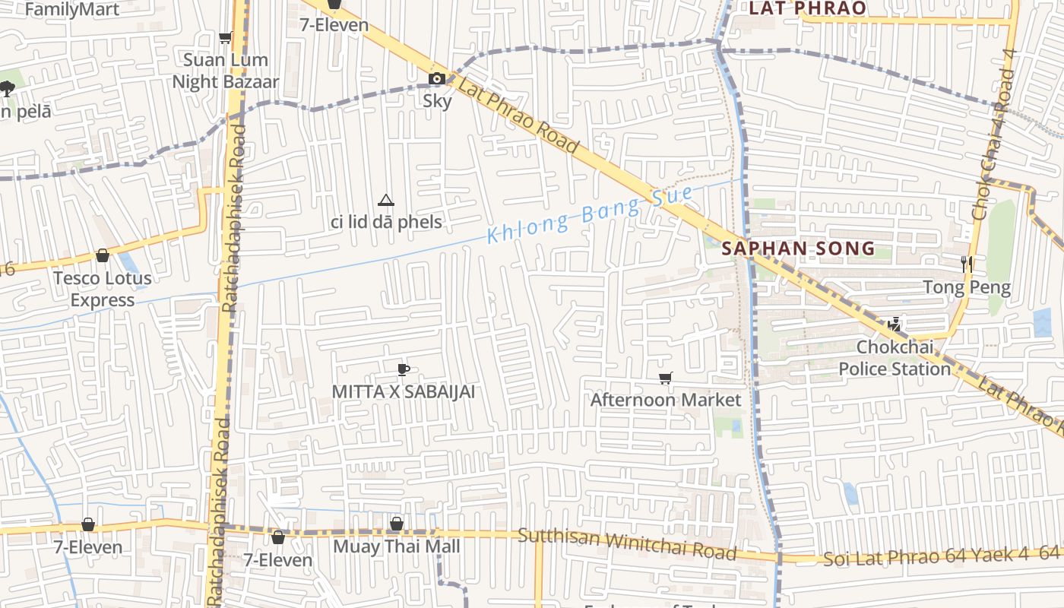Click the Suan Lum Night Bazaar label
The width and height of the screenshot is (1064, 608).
click(x=226, y=71)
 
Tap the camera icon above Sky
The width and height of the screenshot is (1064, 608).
click(x=436, y=78)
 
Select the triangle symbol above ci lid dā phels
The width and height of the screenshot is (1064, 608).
click(x=386, y=201)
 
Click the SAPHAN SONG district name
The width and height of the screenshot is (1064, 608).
click(x=798, y=249)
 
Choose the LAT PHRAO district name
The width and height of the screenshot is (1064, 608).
click(x=807, y=8)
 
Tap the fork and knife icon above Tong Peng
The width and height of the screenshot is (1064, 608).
click(x=967, y=264)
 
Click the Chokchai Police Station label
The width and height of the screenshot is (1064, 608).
click(x=895, y=358)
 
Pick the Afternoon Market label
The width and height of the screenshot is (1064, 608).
click(x=665, y=400)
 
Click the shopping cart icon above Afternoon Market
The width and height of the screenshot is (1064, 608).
click(x=666, y=378)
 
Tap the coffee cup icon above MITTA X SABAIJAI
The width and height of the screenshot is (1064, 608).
click(x=404, y=370)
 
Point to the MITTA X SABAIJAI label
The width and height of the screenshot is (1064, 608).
click(x=404, y=391)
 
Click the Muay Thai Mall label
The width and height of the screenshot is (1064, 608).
click(x=397, y=546)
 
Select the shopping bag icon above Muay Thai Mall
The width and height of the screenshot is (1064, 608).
click(x=396, y=524)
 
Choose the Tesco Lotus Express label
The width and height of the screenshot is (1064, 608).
click(x=103, y=289)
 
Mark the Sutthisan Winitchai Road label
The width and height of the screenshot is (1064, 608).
click(x=627, y=545)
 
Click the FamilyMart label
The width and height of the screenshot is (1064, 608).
click(x=72, y=10)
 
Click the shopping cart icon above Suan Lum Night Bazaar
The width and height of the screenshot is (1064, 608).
click(x=225, y=37)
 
